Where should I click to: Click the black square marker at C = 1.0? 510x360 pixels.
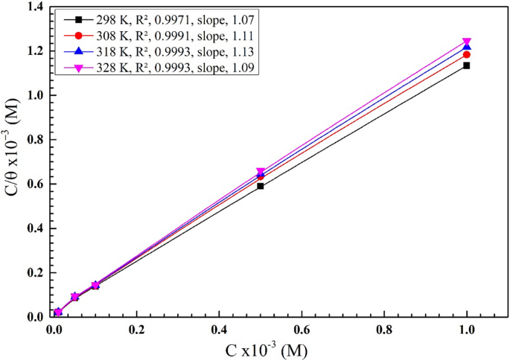pyautogui.click(x=467, y=65)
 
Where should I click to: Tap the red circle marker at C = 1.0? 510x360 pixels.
pyautogui.click(x=467, y=54)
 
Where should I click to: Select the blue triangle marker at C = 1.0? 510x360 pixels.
pyautogui.click(x=467, y=47)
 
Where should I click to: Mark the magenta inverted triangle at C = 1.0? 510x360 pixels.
pyautogui.click(x=467, y=42)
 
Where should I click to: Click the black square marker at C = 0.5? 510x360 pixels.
pyautogui.click(x=261, y=186)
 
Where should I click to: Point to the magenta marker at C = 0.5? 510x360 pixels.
pyautogui.click(x=261, y=172)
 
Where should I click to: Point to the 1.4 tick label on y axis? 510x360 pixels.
pyautogui.click(x=34, y=7)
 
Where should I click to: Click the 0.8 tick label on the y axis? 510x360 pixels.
pyautogui.click(x=34, y=139)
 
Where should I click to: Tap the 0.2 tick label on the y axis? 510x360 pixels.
pyautogui.click(x=34, y=272)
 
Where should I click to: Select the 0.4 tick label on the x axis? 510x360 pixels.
pyautogui.click(x=219, y=327)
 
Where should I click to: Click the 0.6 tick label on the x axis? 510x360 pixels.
pyautogui.click(x=302, y=327)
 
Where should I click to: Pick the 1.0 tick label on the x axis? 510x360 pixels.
pyautogui.click(x=467, y=327)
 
